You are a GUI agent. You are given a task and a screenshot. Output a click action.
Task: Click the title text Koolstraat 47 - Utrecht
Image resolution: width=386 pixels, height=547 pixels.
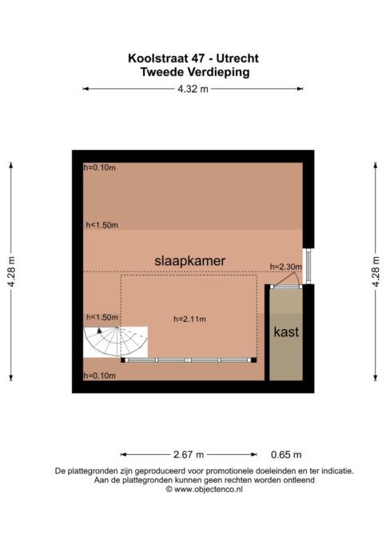coord(193,58)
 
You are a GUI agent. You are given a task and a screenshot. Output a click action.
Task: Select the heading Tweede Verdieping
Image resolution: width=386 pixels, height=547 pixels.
coord(195,72)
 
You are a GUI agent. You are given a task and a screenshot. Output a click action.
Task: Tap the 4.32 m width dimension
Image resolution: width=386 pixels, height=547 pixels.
coord(193,89)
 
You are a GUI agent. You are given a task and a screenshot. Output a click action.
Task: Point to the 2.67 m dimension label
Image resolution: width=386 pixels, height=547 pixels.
coord(189,455)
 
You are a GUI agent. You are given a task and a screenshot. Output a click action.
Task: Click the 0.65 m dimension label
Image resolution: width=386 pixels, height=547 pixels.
coord(286,455)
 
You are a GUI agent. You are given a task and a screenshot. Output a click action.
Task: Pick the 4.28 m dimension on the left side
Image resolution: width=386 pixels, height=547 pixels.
coord(11,271)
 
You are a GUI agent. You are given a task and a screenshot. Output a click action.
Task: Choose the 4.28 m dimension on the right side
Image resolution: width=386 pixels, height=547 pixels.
coord(375,271)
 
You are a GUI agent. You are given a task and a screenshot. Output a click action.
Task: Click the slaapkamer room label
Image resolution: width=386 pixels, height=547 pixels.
coord(189,261)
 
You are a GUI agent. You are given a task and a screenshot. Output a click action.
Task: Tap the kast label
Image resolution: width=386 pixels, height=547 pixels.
coord(286,332)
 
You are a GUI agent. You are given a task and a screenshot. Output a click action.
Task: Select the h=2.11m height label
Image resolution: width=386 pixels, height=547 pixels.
coord(189,319)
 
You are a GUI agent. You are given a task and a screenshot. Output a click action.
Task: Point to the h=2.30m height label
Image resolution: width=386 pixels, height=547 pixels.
coord(286,267)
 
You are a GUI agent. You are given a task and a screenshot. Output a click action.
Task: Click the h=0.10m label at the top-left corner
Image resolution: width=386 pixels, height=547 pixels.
coord(100,167)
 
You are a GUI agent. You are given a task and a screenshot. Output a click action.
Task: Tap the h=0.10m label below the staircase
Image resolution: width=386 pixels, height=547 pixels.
coord(100,376)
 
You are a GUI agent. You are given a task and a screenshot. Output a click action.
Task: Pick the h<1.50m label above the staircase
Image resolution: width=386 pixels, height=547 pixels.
coord(102,317)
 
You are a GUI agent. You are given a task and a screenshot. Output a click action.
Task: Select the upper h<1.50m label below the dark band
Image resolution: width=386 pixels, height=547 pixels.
coord(102,225)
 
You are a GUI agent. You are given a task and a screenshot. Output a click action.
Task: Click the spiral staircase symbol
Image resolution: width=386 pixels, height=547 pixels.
coord(115,342)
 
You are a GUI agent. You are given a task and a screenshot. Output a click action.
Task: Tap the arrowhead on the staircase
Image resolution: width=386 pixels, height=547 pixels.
coord(100,331)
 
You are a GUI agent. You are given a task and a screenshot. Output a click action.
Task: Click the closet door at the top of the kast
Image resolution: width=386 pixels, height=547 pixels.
coord(286,287)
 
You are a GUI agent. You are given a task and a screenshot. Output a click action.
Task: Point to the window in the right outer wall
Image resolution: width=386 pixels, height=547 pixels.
coord(308,266)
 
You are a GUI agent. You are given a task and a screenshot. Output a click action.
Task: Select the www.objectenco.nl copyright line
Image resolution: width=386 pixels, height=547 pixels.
coord(205,489)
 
